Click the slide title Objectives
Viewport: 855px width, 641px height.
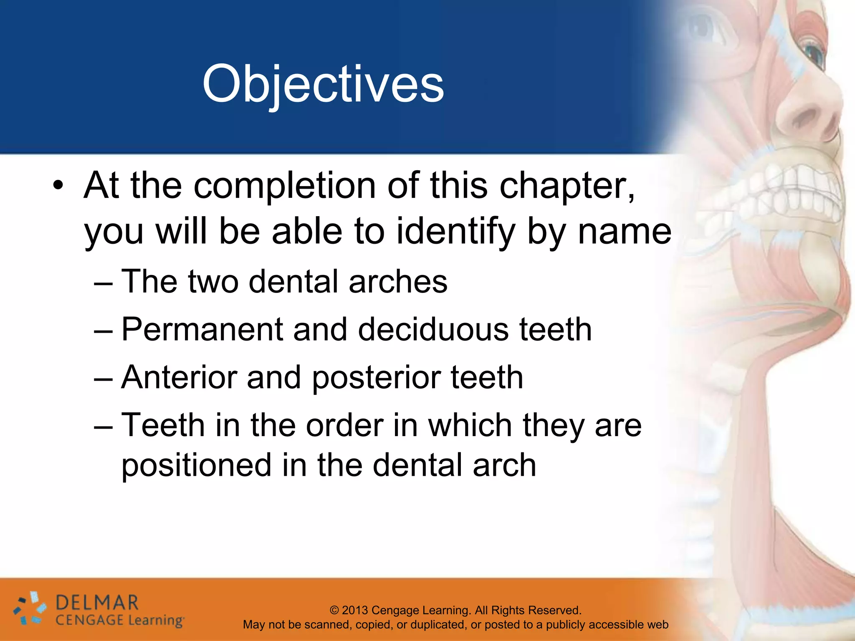(x=323, y=85)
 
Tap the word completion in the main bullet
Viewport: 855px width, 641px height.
(x=285, y=186)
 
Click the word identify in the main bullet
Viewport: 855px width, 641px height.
(x=455, y=232)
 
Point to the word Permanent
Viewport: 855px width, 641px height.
(x=202, y=330)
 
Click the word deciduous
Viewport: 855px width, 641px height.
(x=433, y=330)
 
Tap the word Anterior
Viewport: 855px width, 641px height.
(x=178, y=378)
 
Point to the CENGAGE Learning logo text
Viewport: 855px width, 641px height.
(x=119, y=621)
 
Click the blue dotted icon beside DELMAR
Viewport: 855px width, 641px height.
(x=30, y=609)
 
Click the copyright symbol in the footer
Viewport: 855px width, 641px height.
(x=334, y=611)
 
